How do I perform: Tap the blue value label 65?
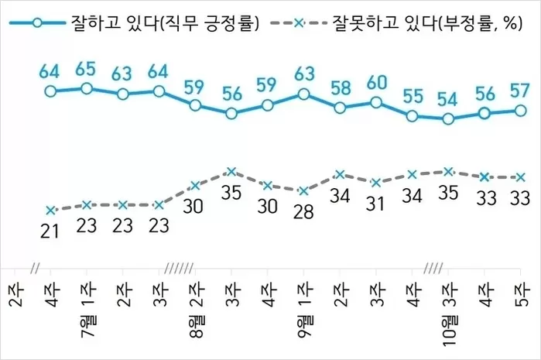[x=86, y=69]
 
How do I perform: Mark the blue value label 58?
[x=340, y=88]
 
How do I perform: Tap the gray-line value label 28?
[x=303, y=212]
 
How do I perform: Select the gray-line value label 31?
[x=375, y=204]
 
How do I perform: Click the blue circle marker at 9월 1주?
[x=303, y=94]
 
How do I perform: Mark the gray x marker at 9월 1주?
[x=303, y=190]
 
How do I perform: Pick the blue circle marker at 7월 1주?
[x=86, y=88]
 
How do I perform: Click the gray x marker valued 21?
[x=51, y=210]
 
